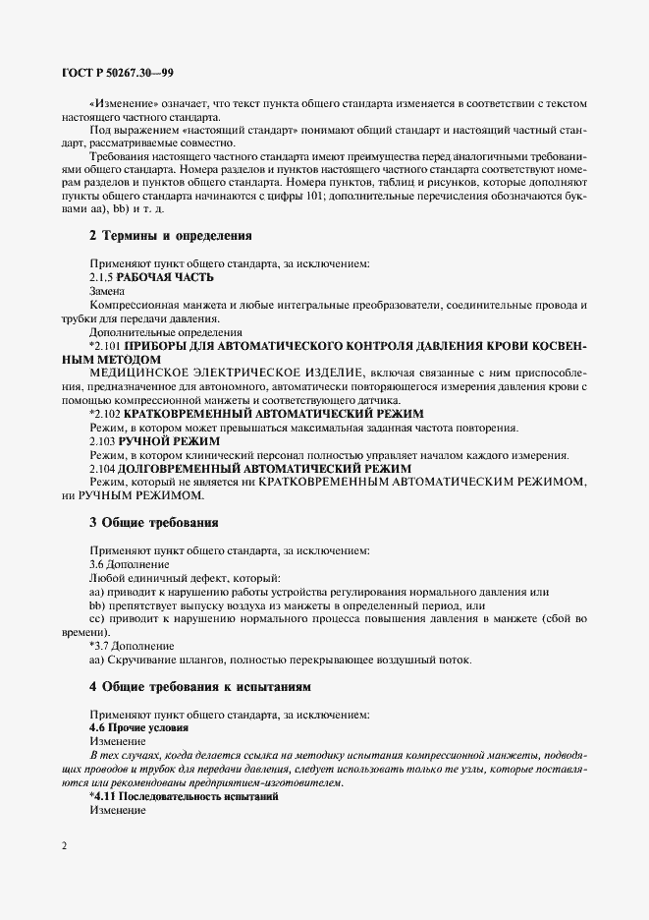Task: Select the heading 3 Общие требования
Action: click(x=153, y=521)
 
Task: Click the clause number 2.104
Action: click(x=104, y=469)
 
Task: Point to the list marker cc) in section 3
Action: click(x=97, y=619)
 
